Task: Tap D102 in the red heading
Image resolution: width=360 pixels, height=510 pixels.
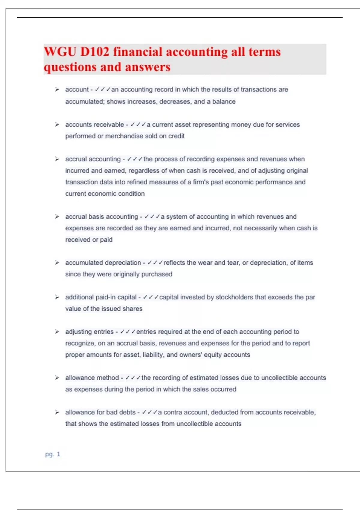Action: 94,52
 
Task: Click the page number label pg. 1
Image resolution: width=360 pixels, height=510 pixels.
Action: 52,454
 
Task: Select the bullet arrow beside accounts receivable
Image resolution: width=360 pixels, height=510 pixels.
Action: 57,124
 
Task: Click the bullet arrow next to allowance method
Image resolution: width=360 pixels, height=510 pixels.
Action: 57,378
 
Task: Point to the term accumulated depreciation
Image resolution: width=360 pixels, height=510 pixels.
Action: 103,263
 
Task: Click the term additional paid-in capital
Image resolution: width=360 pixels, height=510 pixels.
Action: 101,297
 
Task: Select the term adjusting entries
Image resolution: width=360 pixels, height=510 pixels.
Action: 89,332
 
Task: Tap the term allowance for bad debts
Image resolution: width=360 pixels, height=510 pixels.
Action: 100,412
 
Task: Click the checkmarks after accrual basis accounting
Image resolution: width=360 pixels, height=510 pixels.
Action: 152,217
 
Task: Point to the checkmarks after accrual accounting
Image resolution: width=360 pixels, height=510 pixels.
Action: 135,159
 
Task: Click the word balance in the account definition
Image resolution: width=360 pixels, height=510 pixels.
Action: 224,102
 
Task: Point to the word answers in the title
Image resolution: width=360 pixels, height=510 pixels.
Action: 148,67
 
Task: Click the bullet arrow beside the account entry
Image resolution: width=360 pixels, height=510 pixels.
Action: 57,89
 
